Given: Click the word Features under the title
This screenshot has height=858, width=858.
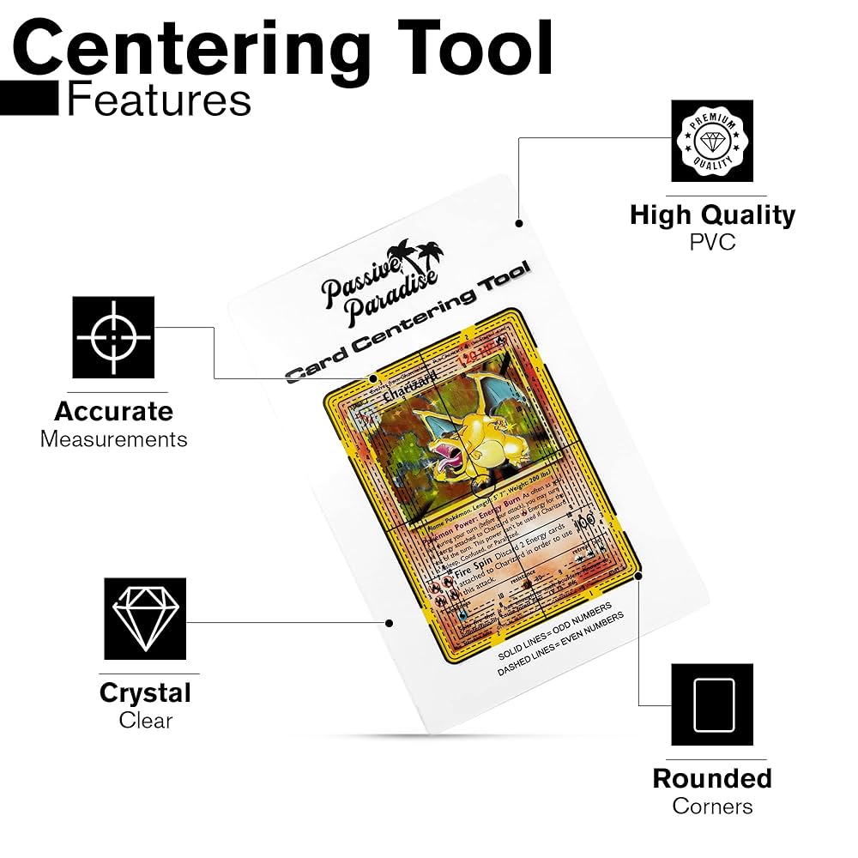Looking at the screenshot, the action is point(159,100).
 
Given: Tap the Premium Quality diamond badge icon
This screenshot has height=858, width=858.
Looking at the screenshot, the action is point(712,141).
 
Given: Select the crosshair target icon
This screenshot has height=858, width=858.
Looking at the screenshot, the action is point(113,337).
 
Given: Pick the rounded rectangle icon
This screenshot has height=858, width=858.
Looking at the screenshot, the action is point(712,704).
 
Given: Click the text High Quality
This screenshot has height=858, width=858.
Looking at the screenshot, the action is point(712,214).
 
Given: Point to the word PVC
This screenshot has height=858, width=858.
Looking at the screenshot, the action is point(712,243).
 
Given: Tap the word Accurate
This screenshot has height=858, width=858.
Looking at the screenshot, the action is point(113,411).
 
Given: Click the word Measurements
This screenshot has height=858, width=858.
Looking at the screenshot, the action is point(113,439).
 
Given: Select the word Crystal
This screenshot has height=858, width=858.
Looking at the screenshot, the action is point(145,692).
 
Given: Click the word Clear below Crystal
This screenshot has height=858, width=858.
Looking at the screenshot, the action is point(145,721).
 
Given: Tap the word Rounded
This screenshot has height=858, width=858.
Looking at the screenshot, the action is point(712,778).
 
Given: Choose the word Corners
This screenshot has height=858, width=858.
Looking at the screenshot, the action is point(712,807).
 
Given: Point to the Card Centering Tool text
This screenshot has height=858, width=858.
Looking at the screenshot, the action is point(408,326).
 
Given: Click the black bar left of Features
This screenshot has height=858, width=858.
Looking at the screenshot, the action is point(29,100).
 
